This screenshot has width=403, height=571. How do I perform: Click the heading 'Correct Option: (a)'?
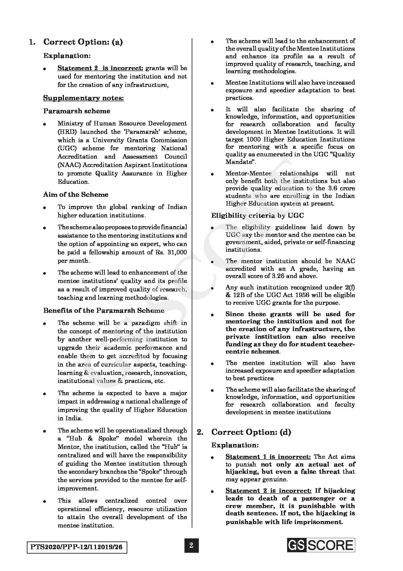(83, 42)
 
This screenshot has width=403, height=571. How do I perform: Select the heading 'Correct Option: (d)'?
(251, 432)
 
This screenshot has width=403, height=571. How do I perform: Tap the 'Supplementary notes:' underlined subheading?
(83, 98)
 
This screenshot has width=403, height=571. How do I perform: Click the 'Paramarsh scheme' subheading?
(77, 111)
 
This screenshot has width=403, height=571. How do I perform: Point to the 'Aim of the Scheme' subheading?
(75, 195)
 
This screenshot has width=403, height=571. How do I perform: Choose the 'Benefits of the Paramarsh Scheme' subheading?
(104, 310)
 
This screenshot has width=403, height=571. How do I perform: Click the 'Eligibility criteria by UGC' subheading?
(257, 216)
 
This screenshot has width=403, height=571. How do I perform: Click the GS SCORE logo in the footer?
(321, 545)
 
